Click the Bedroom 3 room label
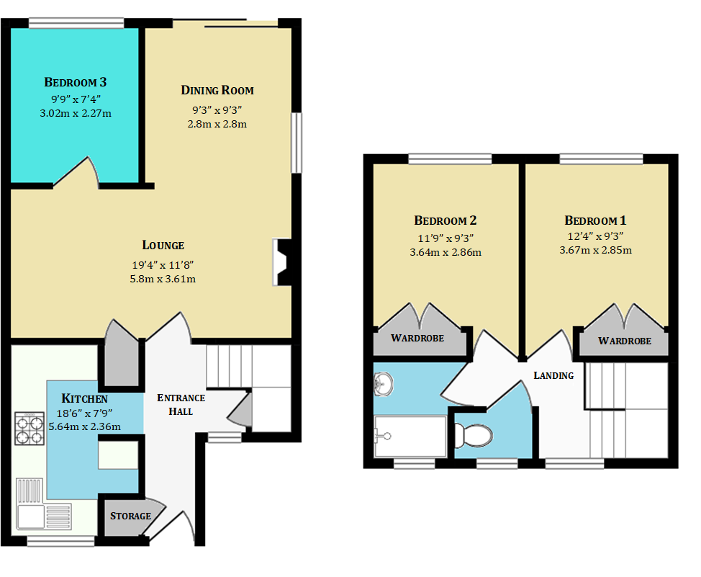coord(76,82)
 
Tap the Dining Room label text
coord(217,90)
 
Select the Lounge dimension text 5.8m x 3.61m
coord(163,278)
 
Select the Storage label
coord(130,516)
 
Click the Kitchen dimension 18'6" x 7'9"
coord(83,413)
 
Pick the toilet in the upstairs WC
coord(474,435)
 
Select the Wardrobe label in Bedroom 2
coord(417,338)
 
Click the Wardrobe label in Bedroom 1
coord(625,341)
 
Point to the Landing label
coord(553,375)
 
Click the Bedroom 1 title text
coord(595,220)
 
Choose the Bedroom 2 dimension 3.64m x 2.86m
coord(446,252)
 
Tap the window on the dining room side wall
coord(295,143)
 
